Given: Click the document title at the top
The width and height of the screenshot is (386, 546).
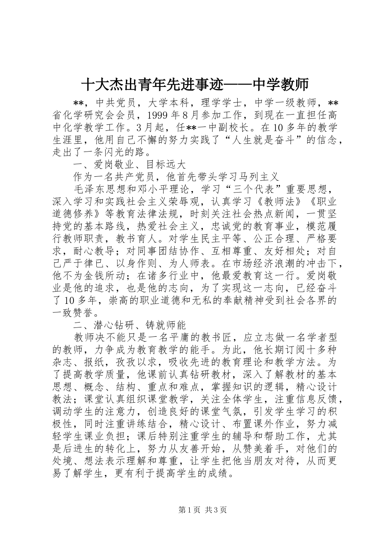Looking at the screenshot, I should [195, 84].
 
